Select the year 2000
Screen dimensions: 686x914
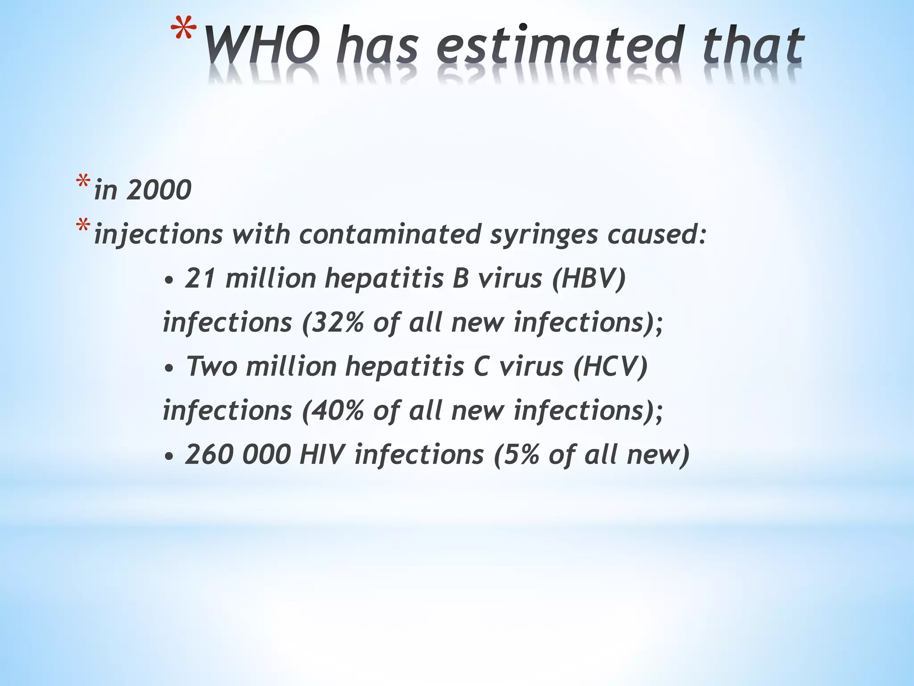[x=159, y=190]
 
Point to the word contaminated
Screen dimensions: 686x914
[x=390, y=234]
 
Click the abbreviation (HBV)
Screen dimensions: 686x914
[x=589, y=278]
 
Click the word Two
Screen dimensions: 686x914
[x=212, y=367]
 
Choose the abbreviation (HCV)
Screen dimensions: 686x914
[x=610, y=367]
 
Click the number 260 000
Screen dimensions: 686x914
[x=238, y=455]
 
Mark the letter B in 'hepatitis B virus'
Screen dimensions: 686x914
[x=461, y=278]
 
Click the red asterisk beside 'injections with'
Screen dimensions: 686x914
[x=83, y=226]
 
